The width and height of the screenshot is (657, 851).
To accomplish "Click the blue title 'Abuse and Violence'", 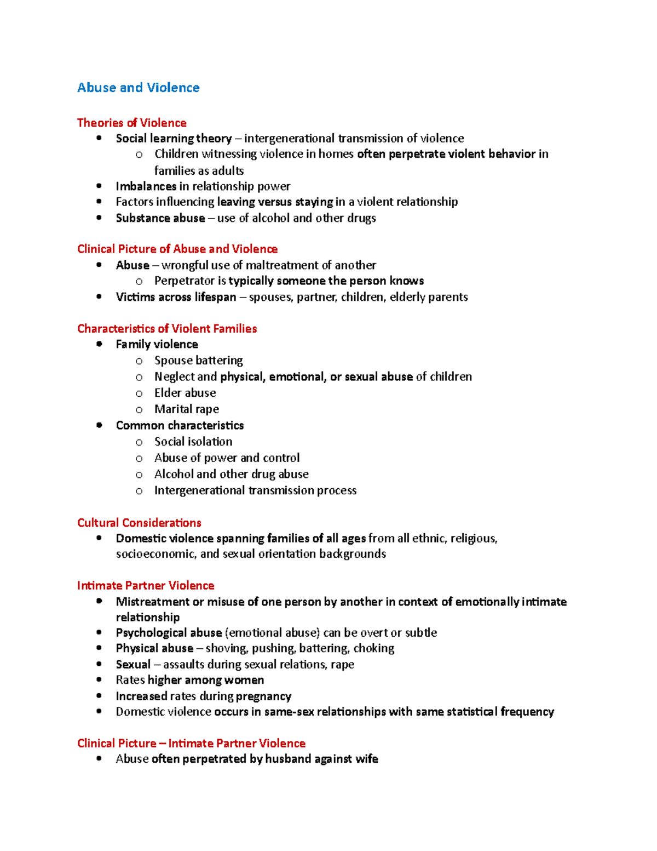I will (x=138, y=88).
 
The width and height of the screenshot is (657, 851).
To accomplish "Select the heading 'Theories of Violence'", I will (x=131, y=123).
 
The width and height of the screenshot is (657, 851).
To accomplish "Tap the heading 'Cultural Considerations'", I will (x=139, y=523).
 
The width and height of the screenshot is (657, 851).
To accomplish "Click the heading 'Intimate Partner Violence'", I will (x=146, y=586).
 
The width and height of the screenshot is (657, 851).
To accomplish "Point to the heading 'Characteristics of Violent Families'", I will (x=167, y=329).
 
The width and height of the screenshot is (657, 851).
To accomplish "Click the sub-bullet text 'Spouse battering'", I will (x=198, y=361).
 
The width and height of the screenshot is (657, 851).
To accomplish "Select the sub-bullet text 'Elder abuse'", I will (x=185, y=393).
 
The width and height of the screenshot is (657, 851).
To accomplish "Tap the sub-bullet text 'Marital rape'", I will (x=186, y=409).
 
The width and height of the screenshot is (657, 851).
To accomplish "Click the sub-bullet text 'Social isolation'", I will (x=193, y=442).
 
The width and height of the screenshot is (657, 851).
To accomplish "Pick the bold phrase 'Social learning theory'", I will (x=174, y=139).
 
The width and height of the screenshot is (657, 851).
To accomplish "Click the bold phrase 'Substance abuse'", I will (x=160, y=218).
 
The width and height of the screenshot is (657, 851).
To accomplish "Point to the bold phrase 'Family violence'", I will (x=157, y=345).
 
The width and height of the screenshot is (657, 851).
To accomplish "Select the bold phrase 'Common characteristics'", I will (x=180, y=426).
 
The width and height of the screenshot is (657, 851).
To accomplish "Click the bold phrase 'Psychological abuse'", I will (x=169, y=633).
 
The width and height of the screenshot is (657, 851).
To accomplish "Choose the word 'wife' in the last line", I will (x=366, y=759).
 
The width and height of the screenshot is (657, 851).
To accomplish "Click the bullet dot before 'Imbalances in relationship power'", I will (x=99, y=186).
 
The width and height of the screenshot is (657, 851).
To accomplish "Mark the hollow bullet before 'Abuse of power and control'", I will (x=139, y=459).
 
